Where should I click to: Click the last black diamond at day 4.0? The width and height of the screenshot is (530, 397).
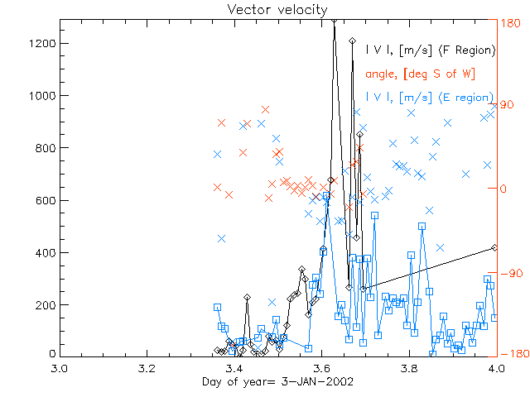click(x=494, y=247)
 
